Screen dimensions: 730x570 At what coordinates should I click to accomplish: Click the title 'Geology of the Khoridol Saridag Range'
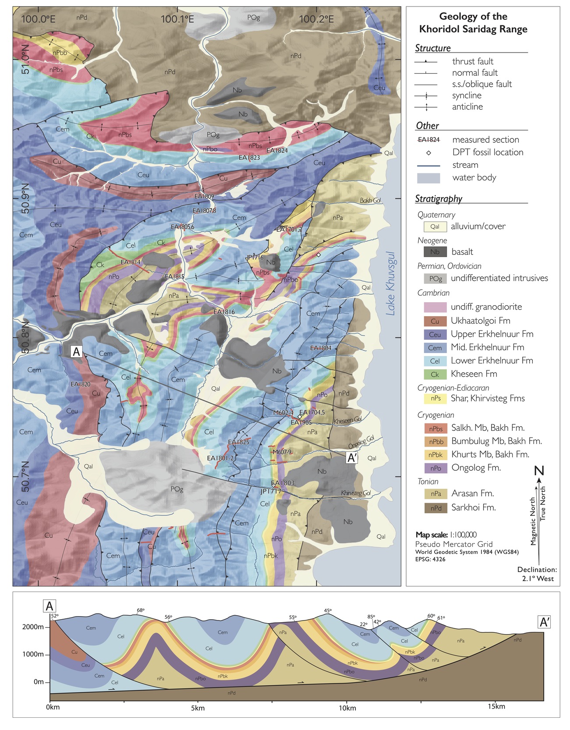(473, 23)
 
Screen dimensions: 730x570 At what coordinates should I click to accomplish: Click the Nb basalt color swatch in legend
(435, 252)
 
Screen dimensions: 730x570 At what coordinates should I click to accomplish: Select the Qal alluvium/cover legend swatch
(435, 226)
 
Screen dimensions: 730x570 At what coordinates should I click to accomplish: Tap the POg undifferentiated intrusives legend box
(435, 278)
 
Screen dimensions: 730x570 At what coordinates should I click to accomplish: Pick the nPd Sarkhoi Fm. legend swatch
(435, 508)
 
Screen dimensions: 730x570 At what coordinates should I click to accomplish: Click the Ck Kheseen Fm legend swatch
(435, 374)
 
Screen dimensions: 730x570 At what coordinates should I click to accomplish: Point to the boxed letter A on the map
(77, 351)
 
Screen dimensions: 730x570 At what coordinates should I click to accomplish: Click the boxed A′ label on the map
(352, 458)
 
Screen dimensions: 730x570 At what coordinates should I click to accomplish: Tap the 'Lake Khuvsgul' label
(390, 283)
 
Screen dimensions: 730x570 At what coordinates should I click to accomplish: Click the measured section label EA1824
(277, 151)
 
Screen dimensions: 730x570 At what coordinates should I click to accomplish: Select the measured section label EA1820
(81, 384)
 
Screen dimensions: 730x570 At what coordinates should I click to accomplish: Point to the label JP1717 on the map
(271, 491)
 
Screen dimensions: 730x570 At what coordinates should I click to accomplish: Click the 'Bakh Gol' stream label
(370, 200)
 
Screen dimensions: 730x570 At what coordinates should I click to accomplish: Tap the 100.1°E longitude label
(177, 19)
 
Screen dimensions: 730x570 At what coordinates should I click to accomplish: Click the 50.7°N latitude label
(25, 476)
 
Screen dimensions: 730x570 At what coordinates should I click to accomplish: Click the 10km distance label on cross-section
(347, 708)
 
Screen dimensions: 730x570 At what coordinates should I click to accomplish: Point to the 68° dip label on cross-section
(140, 610)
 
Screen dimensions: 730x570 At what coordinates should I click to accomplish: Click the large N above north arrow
(539, 471)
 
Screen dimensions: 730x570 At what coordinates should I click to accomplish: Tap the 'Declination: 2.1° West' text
(537, 574)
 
